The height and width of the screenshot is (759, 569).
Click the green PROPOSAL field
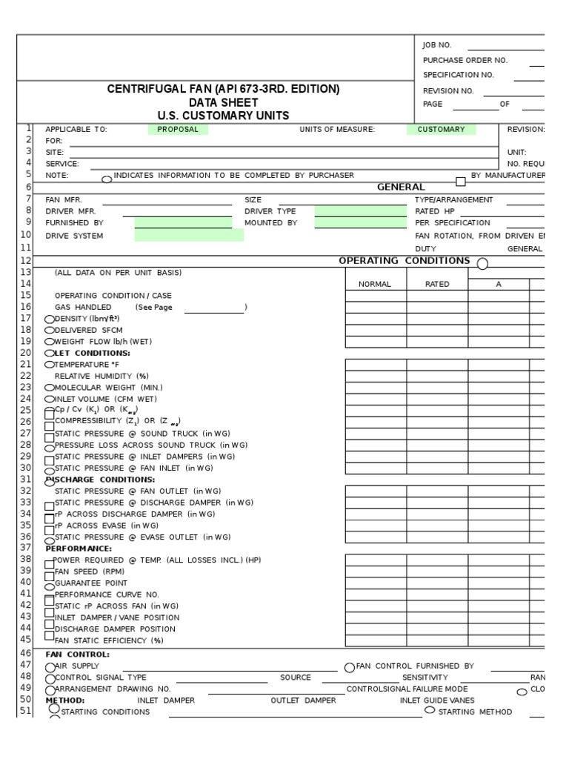click(178, 129)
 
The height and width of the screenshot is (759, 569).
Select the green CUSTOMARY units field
click(441, 129)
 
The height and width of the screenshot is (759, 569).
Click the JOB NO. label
click(437, 45)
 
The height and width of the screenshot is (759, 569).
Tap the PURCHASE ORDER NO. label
click(465, 60)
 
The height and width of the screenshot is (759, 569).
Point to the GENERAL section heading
click(401, 188)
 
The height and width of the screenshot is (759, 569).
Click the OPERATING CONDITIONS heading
click(404, 261)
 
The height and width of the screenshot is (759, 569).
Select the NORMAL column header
click(375, 284)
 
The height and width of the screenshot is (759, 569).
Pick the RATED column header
click(437, 284)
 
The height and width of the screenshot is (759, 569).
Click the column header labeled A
click(499, 284)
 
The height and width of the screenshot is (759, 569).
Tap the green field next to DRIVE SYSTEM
click(189, 236)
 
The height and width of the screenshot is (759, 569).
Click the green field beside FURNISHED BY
click(183, 222)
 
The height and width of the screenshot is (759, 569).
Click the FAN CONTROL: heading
click(77, 654)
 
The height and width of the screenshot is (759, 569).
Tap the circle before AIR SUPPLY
click(50, 667)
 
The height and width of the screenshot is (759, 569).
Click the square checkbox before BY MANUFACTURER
click(460, 181)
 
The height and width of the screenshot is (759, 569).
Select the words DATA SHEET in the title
click(223, 102)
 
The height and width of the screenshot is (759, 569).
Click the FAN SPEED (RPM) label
click(90, 571)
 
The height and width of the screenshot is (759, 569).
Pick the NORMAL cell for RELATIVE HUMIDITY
click(375, 376)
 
